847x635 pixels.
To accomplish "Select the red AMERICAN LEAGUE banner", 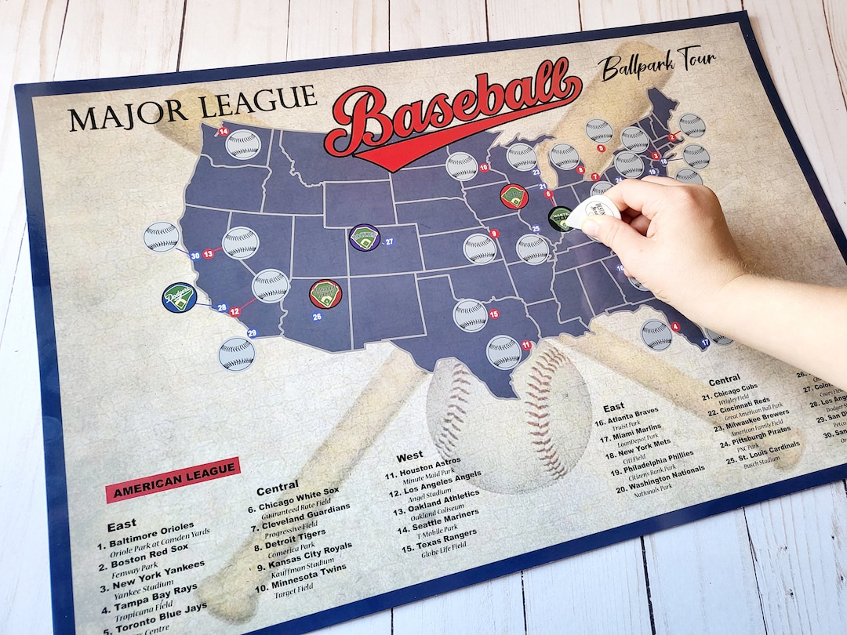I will click(173, 478).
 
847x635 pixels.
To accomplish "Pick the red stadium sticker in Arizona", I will click(325, 294).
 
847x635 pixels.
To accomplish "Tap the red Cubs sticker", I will click(514, 196).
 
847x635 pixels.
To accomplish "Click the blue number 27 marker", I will click(389, 241).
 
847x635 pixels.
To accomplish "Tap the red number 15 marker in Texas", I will click(494, 314).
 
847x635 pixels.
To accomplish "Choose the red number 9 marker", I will click(493, 233).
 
